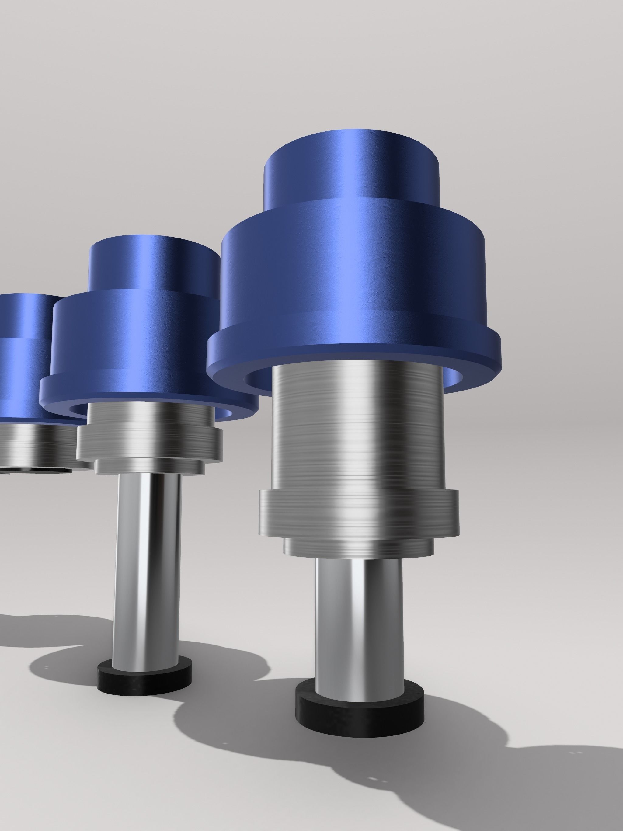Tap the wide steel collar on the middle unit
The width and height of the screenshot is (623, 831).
[x=150, y=443]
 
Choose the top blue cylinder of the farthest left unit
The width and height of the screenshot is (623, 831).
[x=26, y=315]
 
